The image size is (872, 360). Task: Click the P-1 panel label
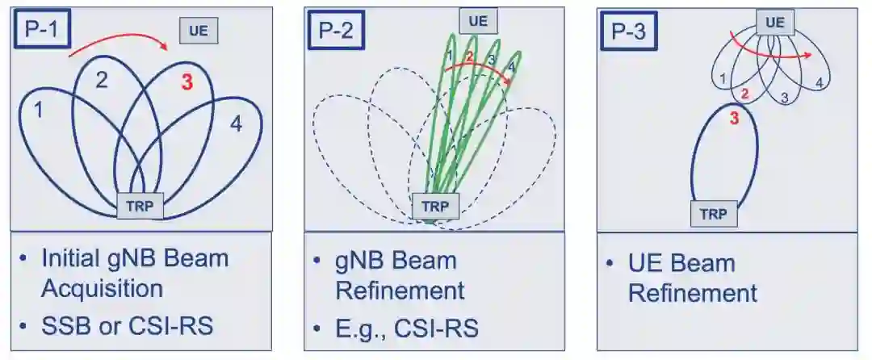coord(41,31)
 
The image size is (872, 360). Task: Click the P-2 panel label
coord(335,31)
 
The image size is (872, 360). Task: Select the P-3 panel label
coord(628,31)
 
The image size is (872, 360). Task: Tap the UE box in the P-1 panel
coord(199,31)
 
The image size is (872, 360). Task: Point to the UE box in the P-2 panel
coord(478,21)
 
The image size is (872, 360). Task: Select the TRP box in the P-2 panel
coord(436,207)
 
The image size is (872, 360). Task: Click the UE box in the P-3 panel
coord(774,23)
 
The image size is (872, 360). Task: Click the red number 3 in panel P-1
coord(187,81)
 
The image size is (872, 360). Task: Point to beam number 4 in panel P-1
coord(235,124)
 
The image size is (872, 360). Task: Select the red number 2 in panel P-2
coord(468,57)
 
